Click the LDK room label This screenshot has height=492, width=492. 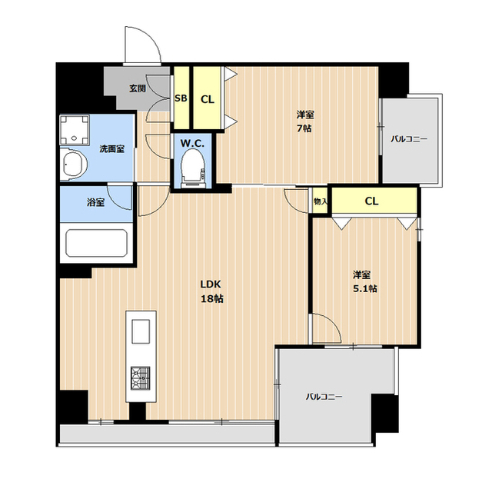[x=211, y=284]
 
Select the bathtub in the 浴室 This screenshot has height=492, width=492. [x=96, y=243]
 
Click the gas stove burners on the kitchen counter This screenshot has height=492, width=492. [x=140, y=378]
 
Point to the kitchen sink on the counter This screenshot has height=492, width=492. [x=141, y=331]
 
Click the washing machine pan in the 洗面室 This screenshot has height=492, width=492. [x=75, y=130]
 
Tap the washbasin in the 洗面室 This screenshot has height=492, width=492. [x=74, y=164]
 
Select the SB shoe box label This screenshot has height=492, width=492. [x=181, y=98]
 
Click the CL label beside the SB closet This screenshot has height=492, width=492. [x=208, y=99]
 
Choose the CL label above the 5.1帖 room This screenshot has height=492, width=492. [x=371, y=201]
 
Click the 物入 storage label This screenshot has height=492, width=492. [x=321, y=201]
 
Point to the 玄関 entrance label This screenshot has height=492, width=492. [x=138, y=88]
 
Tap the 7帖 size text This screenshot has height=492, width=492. [x=304, y=128]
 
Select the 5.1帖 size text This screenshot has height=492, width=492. [x=365, y=289]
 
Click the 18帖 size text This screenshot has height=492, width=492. [x=212, y=299]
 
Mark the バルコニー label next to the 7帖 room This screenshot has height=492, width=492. [x=409, y=138]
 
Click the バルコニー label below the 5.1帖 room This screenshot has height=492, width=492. [x=324, y=397]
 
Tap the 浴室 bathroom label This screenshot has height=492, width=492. [x=95, y=202]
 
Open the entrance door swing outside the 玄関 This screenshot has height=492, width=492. [x=143, y=45]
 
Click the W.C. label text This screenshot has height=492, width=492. [x=192, y=144]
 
